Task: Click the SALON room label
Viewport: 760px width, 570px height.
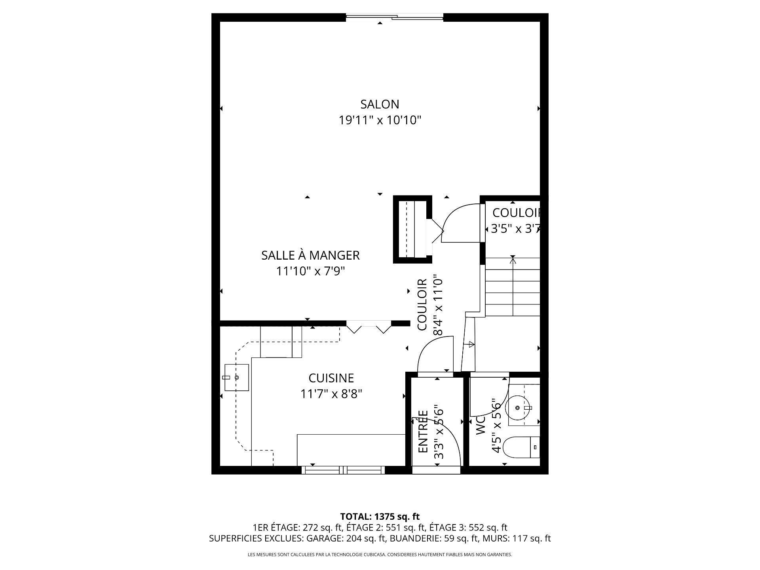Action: click(380, 104)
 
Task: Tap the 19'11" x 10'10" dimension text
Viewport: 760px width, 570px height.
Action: click(380, 120)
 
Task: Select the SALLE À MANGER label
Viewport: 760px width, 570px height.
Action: click(310, 255)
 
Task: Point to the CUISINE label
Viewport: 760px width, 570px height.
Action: click(331, 378)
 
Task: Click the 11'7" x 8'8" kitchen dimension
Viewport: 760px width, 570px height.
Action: click(331, 394)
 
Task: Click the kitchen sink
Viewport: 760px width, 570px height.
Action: click(237, 378)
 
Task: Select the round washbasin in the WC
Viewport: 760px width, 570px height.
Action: click(518, 407)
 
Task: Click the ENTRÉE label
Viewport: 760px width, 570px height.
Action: click(423, 432)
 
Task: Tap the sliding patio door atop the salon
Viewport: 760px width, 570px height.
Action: click(395, 17)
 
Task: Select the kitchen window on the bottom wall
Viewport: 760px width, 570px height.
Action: click(343, 470)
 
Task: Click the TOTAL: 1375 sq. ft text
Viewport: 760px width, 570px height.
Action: click(380, 517)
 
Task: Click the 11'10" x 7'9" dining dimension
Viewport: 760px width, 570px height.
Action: click(310, 271)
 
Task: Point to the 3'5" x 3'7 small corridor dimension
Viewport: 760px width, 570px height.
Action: click(515, 229)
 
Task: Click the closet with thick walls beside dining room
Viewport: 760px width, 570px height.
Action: click(412, 229)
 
